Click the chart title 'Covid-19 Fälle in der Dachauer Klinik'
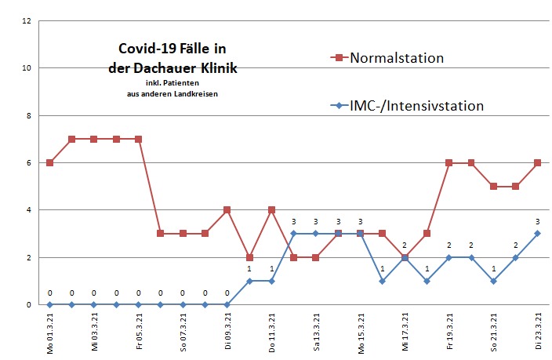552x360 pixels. pyautogui.click(x=172, y=59)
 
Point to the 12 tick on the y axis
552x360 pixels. pyautogui.click(x=28, y=20)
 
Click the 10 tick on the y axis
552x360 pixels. pyautogui.click(x=28, y=67)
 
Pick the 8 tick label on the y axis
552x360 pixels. pyautogui.click(x=30, y=115)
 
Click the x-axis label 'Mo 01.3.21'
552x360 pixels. pyautogui.click(x=50, y=332)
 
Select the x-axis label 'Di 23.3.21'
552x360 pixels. pyautogui.click(x=539, y=332)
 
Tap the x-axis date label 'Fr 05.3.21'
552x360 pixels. pyautogui.click(x=139, y=332)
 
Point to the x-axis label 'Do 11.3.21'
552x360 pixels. pyautogui.click(x=272, y=332)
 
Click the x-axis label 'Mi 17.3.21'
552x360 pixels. pyautogui.click(x=405, y=332)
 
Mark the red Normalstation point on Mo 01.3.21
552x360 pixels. pyautogui.click(x=49, y=162)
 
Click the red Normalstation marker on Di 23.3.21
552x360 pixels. pyautogui.click(x=539, y=162)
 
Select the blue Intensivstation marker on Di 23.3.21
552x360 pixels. pyautogui.click(x=539, y=233)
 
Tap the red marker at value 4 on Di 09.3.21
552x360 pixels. pyautogui.click(x=227, y=209)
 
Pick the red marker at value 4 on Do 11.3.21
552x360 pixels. pyautogui.click(x=271, y=209)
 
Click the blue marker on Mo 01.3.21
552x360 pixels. pyautogui.click(x=49, y=304)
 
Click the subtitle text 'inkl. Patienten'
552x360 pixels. pyautogui.click(x=172, y=83)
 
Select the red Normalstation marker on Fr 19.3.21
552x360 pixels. pyautogui.click(x=449, y=162)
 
